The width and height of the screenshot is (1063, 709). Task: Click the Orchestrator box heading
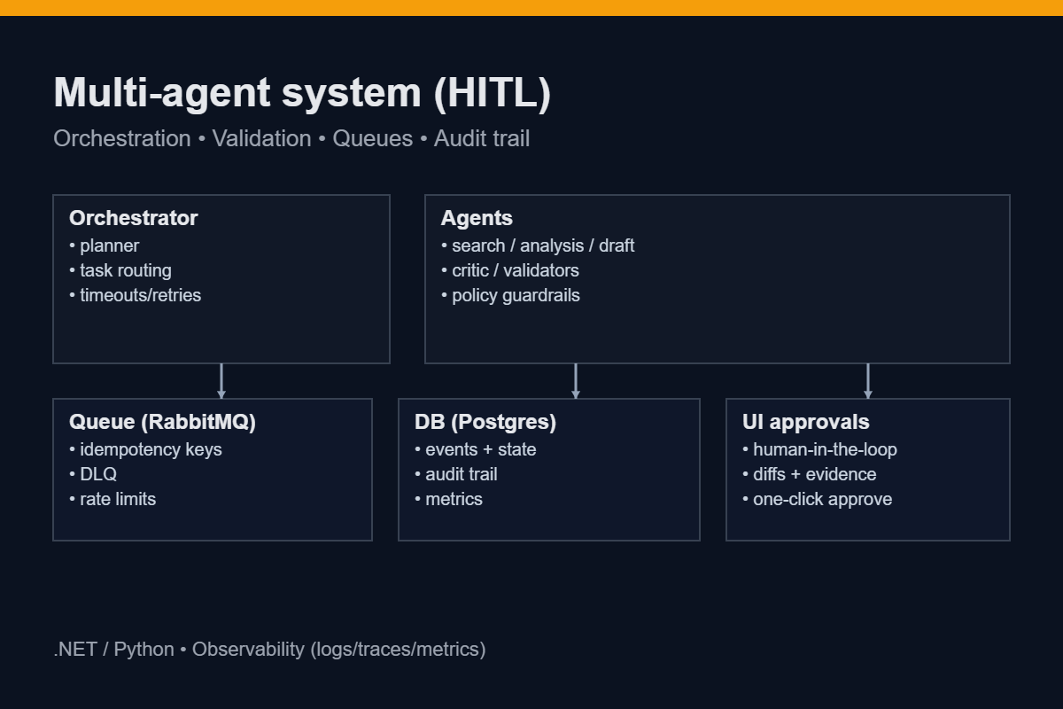(133, 218)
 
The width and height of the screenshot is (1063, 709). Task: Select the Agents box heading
(477, 218)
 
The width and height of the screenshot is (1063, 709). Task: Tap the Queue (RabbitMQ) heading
(162, 422)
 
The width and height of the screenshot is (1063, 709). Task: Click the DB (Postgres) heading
(485, 422)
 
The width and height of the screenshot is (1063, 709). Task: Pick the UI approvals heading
(805, 422)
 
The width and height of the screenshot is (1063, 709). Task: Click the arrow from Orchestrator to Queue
(221, 381)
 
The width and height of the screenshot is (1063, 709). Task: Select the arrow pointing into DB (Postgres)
(576, 381)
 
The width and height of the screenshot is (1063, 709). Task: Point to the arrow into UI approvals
(868, 381)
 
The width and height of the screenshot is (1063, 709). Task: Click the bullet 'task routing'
(125, 270)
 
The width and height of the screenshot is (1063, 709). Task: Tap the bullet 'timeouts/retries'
(140, 295)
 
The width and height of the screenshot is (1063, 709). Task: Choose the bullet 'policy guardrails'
(516, 295)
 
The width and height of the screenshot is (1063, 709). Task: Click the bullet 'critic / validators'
(515, 270)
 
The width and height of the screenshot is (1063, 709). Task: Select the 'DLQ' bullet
(97, 474)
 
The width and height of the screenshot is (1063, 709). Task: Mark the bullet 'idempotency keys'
(151, 449)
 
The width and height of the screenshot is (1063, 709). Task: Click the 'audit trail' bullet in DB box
(461, 474)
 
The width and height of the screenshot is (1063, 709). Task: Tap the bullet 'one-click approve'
(822, 499)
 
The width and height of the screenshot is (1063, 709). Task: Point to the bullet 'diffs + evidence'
(814, 474)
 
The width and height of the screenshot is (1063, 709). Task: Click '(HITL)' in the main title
(493, 93)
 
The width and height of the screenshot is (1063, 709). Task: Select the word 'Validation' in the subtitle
(261, 139)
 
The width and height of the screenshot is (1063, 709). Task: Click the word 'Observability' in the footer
(248, 649)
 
